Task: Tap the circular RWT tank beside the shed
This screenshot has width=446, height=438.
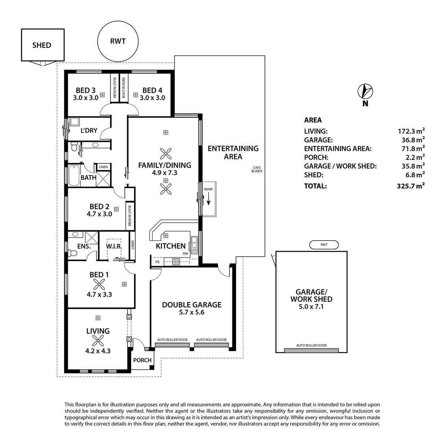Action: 118,41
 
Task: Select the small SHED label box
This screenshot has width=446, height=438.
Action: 42,45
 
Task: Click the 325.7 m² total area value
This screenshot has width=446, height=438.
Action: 411,186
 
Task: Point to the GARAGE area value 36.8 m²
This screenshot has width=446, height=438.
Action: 411,140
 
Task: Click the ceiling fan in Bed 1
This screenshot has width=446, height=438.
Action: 98,284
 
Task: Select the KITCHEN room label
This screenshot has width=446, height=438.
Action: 171,246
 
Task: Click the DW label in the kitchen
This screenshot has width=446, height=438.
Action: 185,253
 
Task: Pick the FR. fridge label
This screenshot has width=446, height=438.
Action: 157,262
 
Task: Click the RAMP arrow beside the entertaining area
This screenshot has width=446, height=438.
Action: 208,199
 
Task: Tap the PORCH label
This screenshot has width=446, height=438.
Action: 142,360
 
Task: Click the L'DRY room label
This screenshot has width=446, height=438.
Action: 89,131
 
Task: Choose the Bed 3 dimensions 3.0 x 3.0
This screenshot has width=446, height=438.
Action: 86,98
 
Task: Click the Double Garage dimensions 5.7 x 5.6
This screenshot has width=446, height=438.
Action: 192,312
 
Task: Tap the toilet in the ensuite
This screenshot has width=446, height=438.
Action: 73,253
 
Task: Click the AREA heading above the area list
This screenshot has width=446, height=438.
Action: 313,120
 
